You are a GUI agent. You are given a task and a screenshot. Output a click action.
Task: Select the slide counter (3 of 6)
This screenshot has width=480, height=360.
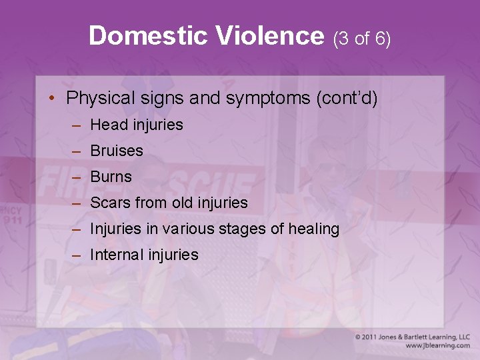coord(361,38)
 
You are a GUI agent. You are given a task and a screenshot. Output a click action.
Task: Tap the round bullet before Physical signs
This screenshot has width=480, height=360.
coord(52,99)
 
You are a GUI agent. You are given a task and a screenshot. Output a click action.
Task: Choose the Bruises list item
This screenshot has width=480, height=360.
coord(117,151)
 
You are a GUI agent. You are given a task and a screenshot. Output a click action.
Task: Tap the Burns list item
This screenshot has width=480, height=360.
coord(111,177)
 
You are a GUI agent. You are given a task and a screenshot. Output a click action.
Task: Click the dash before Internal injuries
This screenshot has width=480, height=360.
coord(78,255)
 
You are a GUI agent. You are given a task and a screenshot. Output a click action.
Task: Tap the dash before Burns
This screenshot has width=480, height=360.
coord(78,177)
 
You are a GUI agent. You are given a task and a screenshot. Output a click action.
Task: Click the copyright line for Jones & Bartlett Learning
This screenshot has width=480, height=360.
coord(412,337)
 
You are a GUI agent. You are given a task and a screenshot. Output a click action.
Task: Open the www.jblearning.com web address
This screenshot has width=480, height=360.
coord(437,346)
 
